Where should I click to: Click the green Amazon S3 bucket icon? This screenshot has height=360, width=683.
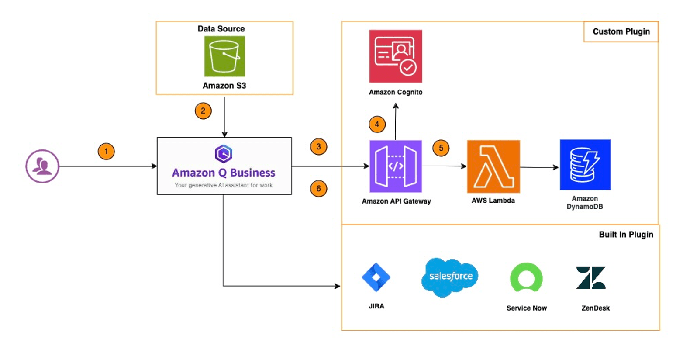pyautogui.click(x=224, y=56)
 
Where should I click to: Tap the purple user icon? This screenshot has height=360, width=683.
pyautogui.click(x=42, y=166)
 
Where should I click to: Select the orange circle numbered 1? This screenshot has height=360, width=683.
pyautogui.click(x=106, y=152)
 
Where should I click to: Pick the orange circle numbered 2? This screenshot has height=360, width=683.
pyautogui.click(x=203, y=111)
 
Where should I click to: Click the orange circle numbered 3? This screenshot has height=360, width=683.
pyautogui.click(x=318, y=147)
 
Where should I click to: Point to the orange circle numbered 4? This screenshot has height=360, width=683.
pyautogui.click(x=377, y=125)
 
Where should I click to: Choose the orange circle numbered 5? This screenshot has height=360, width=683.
pyautogui.click(x=441, y=148)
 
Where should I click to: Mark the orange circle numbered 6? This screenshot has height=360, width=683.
pyautogui.click(x=318, y=189)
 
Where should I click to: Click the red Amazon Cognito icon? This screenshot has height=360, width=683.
pyautogui.click(x=396, y=56)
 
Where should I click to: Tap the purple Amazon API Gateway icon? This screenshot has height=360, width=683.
pyautogui.click(x=396, y=166)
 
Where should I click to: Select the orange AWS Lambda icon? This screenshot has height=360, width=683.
pyautogui.click(x=493, y=166)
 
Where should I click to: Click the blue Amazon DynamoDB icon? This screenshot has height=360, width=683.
pyautogui.click(x=585, y=165)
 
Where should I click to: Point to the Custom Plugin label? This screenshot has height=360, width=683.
pyautogui.click(x=621, y=31)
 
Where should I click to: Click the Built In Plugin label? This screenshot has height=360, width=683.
pyautogui.click(x=626, y=235)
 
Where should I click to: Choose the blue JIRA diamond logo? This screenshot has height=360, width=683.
pyautogui.click(x=376, y=277)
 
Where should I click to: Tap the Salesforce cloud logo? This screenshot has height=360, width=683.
pyautogui.click(x=450, y=277)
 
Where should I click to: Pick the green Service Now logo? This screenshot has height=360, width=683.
pyautogui.click(x=526, y=278)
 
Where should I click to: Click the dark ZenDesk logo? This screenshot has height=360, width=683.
pyautogui.click(x=591, y=278)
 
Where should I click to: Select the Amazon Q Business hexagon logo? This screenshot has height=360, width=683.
pyautogui.click(x=224, y=154)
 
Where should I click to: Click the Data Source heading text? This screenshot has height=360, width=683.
pyautogui.click(x=221, y=29)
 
